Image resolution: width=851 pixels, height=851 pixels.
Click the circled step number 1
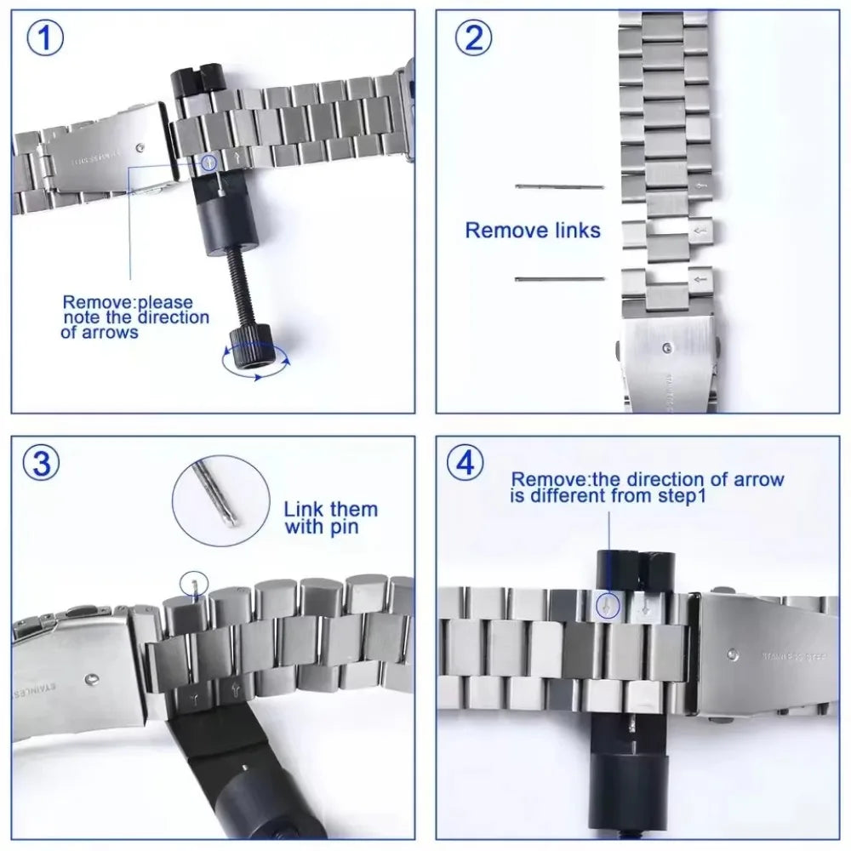[x=46, y=40]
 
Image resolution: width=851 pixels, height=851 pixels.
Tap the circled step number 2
[x=474, y=40]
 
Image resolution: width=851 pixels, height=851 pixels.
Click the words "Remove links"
[x=533, y=230]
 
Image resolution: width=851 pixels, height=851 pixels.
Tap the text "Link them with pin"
[x=330, y=518]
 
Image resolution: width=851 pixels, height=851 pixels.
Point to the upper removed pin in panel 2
[x=559, y=186]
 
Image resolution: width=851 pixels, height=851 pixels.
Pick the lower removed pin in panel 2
[x=559, y=278]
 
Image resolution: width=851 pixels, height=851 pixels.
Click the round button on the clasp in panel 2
[x=669, y=347]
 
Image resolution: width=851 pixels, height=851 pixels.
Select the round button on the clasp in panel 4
[x=733, y=655]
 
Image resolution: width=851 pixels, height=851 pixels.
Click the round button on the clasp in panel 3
[x=92, y=680]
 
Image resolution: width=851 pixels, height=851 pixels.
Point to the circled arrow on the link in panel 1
[x=208, y=160]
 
